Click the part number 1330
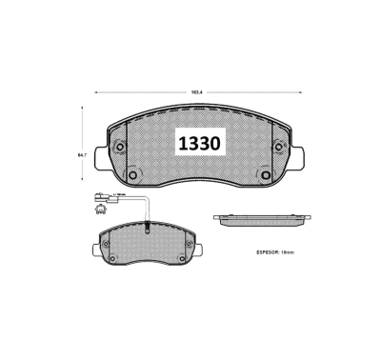click(198, 143)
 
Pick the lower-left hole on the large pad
click(132, 175)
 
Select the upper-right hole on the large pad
click(279, 147)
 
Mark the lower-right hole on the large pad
click(265, 175)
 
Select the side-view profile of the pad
click(261, 220)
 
